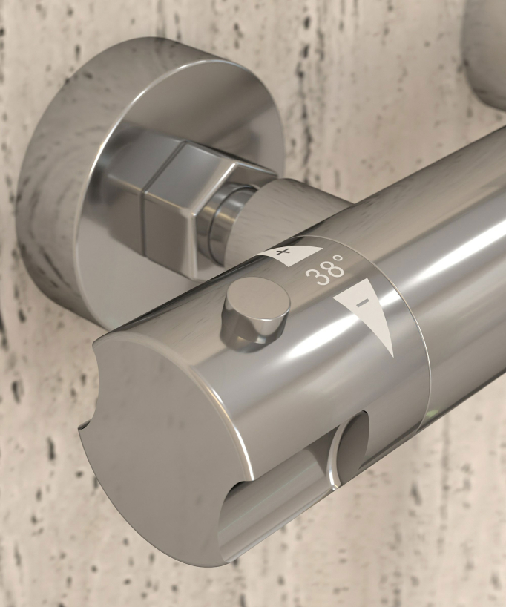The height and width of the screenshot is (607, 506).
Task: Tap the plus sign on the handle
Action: tap(283, 252)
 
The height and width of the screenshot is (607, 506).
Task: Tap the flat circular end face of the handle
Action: tap(162, 445)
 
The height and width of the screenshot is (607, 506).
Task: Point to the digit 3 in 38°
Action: tap(314, 276)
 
